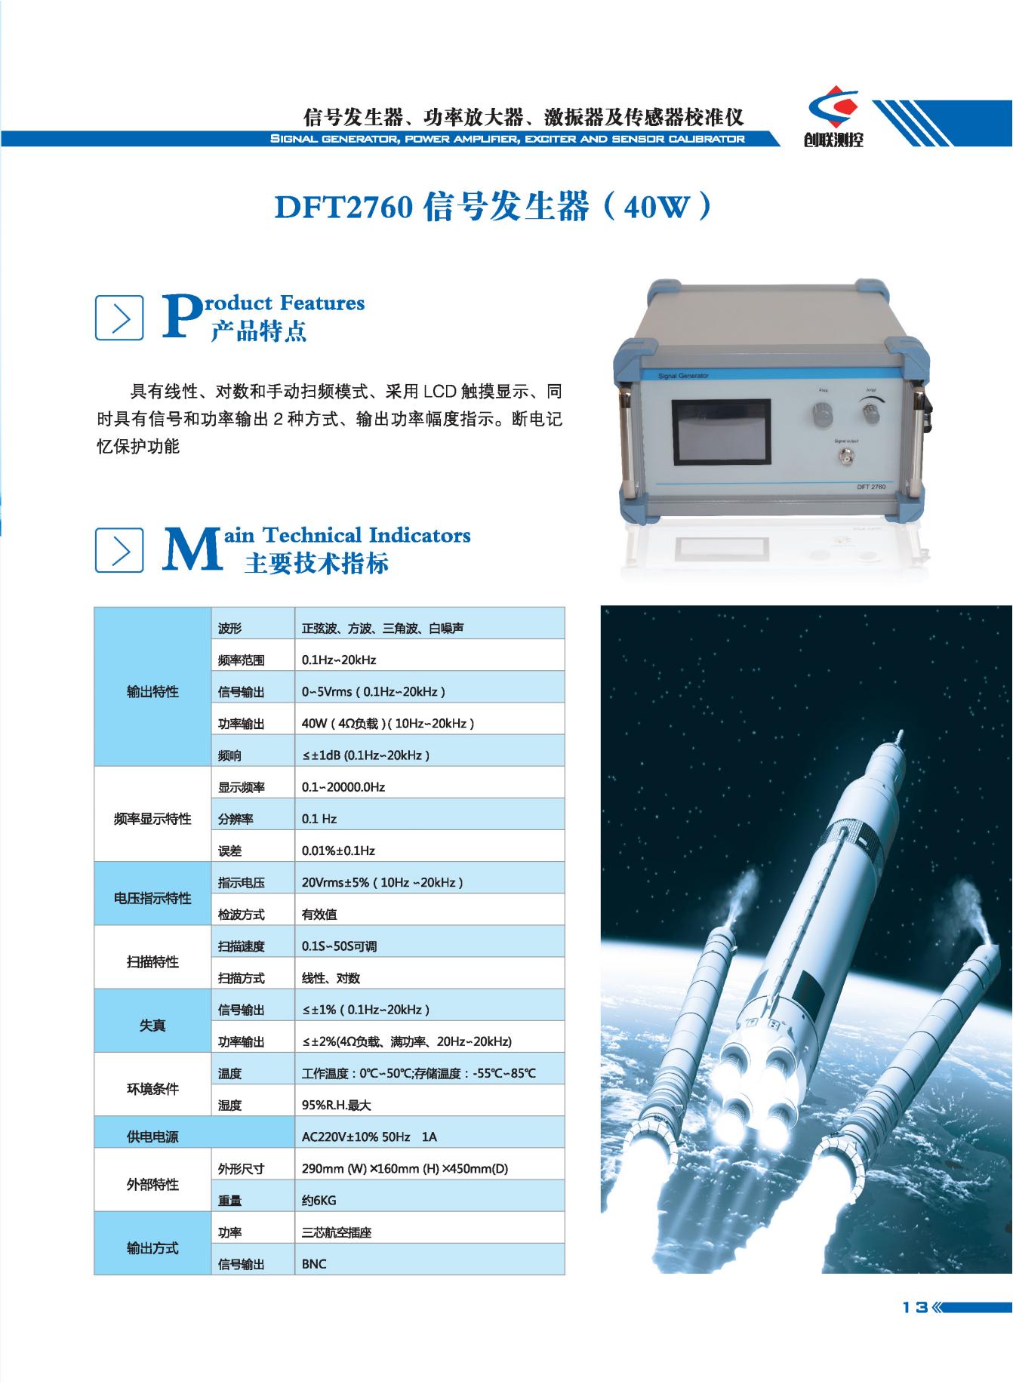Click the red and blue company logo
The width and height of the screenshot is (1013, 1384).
coord(833,111)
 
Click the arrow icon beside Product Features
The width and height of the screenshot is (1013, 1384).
coord(119,318)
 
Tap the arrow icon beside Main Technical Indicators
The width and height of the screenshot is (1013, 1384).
coord(119,550)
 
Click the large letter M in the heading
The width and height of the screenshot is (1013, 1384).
coord(193,549)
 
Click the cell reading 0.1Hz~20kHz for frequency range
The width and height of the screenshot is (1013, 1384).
coord(429,660)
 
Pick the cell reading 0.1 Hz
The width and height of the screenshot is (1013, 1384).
coord(429,819)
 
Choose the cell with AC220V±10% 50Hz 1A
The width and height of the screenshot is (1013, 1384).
coord(429,1136)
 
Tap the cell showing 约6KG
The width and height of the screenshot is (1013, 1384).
coord(429,1200)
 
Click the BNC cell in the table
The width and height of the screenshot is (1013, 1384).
coord(429,1264)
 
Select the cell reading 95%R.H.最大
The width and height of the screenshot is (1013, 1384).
coord(429,1105)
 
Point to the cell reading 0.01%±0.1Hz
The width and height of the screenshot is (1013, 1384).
coord(429,850)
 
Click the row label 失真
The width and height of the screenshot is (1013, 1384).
coord(152,1026)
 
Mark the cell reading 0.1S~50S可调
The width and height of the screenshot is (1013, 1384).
coord(429,946)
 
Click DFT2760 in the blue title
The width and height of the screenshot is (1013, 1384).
coord(343,208)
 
